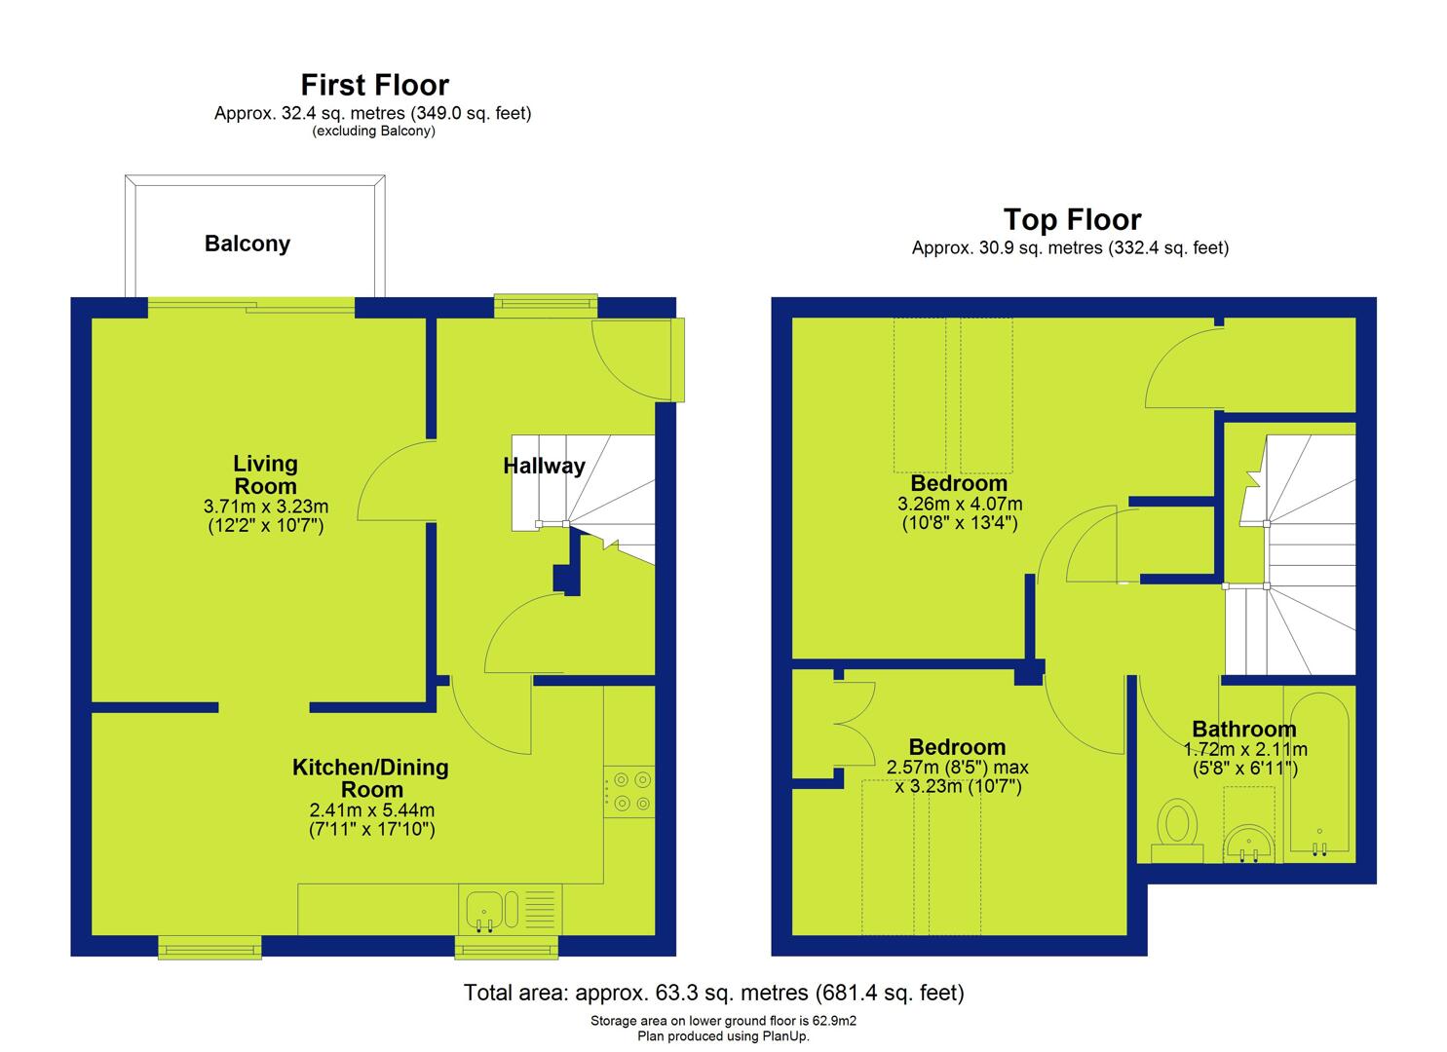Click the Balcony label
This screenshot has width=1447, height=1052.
[248, 244]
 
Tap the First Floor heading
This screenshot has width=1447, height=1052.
[375, 85]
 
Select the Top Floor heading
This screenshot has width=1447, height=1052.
[1072, 219]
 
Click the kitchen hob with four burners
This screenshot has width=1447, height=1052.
[629, 792]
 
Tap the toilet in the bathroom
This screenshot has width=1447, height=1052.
[1178, 831]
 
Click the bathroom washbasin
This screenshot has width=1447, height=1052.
[1248, 843]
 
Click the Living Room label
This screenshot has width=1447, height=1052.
[265, 474]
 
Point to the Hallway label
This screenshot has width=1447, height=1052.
[545, 466]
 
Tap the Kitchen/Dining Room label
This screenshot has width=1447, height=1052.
[371, 778]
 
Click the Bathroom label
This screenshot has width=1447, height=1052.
[1244, 730]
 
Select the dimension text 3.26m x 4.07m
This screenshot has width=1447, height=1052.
[960, 504]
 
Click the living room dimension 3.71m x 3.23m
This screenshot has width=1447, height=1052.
[265, 507]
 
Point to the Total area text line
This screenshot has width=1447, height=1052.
[714, 993]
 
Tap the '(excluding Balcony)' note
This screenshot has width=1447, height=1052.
[374, 131]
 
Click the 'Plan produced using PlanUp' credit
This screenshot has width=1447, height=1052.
[723, 1036]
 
